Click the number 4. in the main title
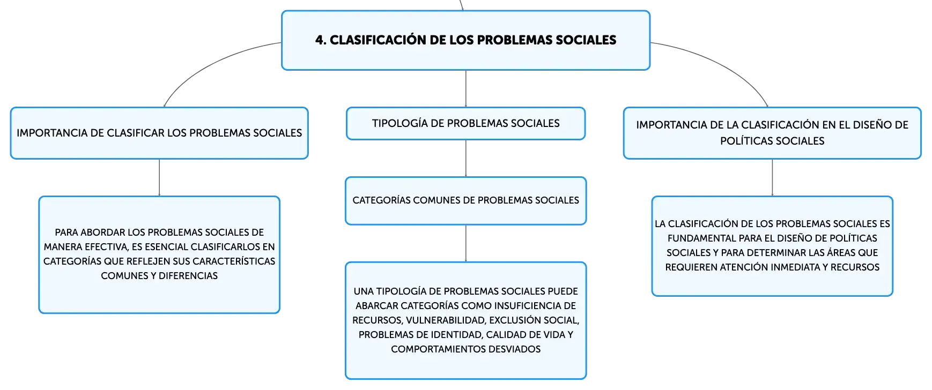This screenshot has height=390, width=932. [x=321, y=40]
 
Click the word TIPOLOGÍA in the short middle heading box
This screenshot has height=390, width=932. [x=400, y=123]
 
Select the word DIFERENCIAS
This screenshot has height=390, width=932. [x=188, y=276]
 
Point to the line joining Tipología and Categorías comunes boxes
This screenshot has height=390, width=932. [x=465, y=159]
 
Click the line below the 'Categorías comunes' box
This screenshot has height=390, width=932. [x=465, y=244]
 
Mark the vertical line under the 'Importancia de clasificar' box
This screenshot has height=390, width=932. [x=159, y=178]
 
